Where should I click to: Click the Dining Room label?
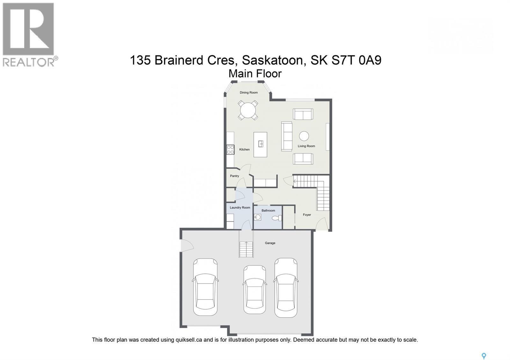point(249,93)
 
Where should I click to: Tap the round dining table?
point(248,110)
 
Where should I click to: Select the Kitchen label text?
point(244,149)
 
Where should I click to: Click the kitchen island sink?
point(261,144)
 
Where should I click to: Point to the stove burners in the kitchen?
point(230,149)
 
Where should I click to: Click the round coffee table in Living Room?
point(304,136)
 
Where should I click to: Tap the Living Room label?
point(306,146)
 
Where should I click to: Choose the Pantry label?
point(235,176)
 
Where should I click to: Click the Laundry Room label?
point(240,208)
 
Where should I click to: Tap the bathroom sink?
point(258,217)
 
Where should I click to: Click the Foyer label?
point(307,215)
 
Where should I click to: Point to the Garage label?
point(270,243)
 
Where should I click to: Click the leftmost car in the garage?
point(205,287)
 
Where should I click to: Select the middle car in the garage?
point(254,290)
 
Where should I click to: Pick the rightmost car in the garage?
point(286,288)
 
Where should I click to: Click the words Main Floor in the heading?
point(255,74)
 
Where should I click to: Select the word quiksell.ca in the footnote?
point(189,340)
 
